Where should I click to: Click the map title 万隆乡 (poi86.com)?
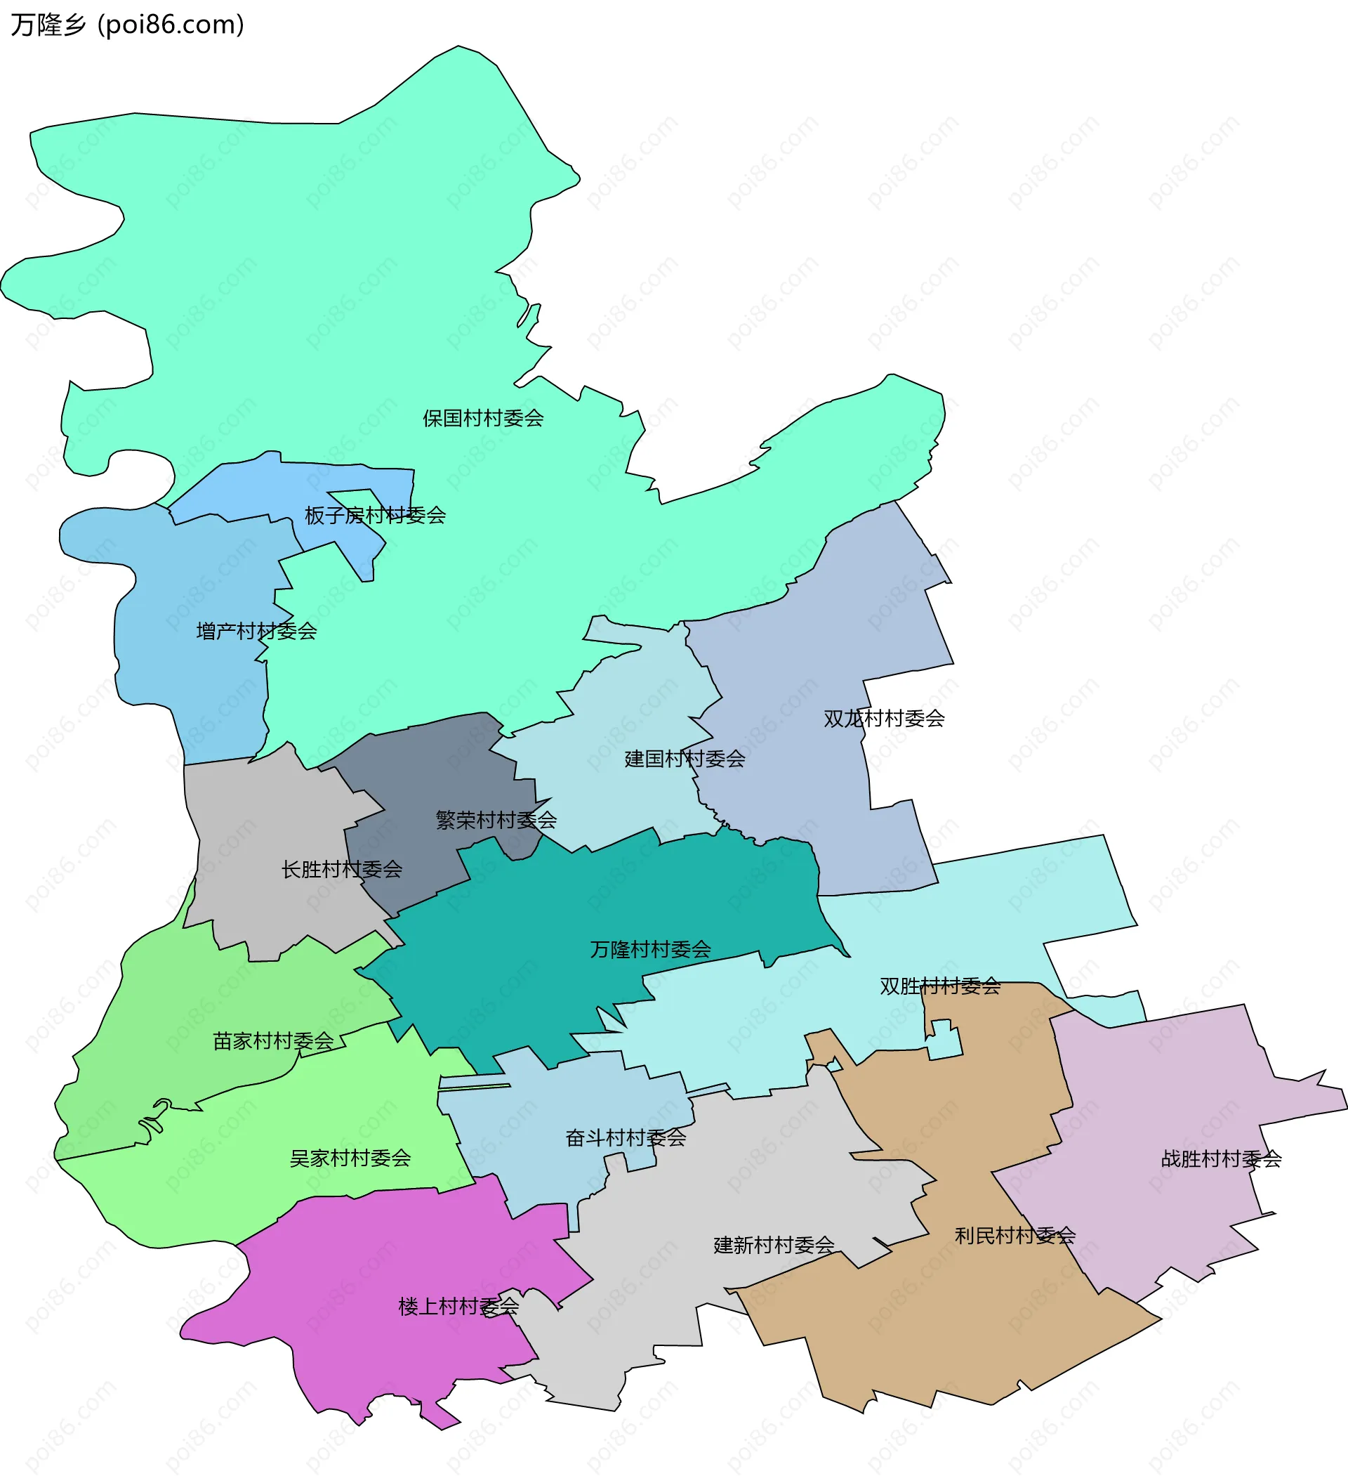pos(127,25)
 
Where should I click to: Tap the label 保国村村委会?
pos(483,418)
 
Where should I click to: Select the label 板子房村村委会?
pos(375,516)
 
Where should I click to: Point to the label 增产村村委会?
pos(256,631)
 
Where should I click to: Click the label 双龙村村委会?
pos(883,718)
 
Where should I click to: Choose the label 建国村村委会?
pos(685,759)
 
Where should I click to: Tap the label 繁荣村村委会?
pos(496,820)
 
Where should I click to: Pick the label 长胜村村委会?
pos(342,869)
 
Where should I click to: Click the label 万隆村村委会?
pos(650,950)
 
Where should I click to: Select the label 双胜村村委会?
pos(939,986)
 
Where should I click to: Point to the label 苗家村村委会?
pos(273,1041)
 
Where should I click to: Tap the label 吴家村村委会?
pos(350,1158)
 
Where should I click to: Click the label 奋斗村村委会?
pos(625,1138)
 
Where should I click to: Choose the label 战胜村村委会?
pos(1221,1159)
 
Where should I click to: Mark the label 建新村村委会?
pos(774,1245)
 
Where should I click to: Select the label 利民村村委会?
pos(1015,1236)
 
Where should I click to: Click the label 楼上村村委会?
pos(458,1306)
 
